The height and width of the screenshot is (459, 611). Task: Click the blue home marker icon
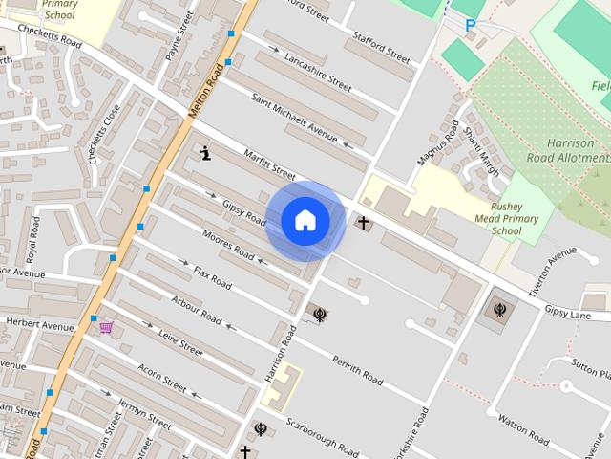click(305, 221)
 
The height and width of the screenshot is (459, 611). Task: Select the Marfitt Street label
click(269, 164)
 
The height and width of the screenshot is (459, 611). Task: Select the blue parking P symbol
click(470, 26)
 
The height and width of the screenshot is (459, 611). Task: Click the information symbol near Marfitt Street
click(206, 153)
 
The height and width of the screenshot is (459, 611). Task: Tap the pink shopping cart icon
click(105, 328)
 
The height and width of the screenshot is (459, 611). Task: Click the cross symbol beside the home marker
click(362, 223)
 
